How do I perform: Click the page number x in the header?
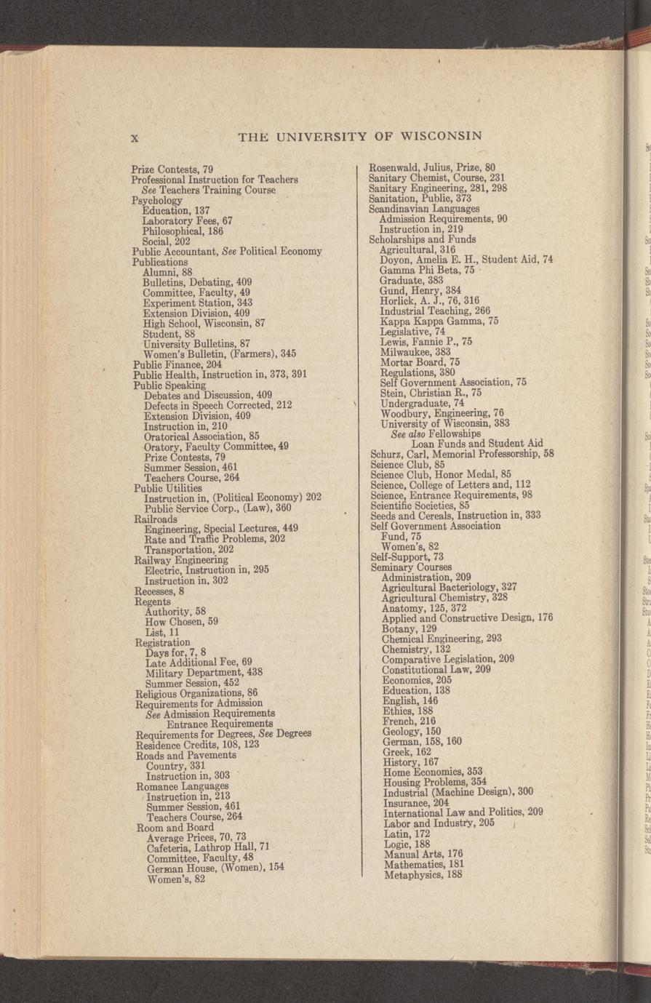(135, 137)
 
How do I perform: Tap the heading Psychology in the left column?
(156, 200)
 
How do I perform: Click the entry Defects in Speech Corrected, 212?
(217, 405)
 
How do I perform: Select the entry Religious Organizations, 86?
(196, 693)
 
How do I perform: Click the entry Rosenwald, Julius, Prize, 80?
(432, 167)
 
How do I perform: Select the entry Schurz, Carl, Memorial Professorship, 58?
(462, 454)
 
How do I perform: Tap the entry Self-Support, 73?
(407, 556)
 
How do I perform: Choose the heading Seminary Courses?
(411, 567)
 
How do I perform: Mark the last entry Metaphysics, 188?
(423, 874)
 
